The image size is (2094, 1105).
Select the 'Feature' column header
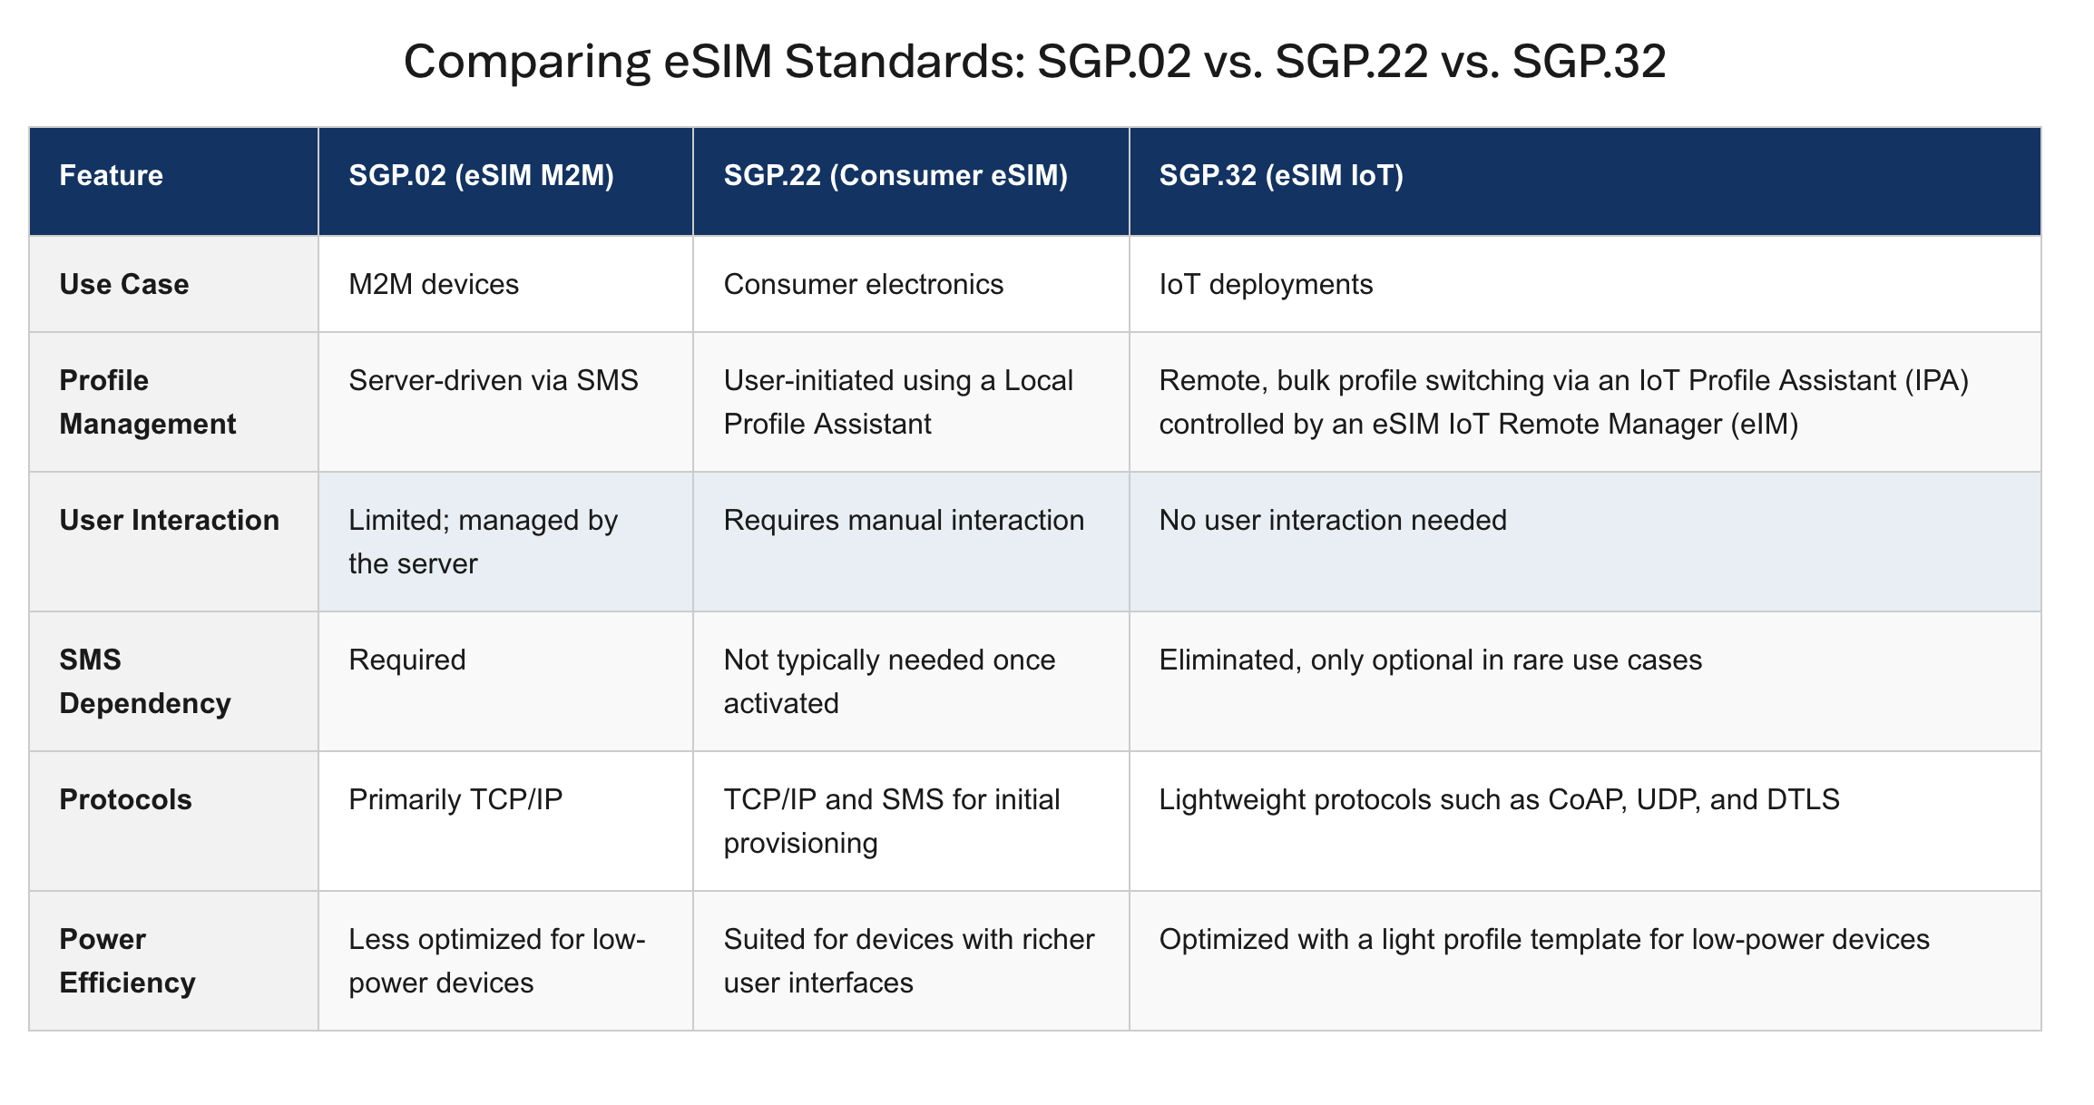(x=111, y=175)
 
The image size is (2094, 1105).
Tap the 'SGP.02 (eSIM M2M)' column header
(x=481, y=175)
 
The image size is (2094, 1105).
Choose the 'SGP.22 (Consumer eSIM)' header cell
(x=895, y=175)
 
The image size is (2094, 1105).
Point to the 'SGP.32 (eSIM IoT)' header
(x=1281, y=175)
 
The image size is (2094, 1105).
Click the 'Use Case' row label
(x=124, y=284)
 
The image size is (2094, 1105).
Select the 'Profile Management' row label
(x=148, y=402)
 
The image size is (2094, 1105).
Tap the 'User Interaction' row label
(x=170, y=520)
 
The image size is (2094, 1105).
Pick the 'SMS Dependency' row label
(x=145, y=681)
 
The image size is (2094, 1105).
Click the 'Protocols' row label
(x=126, y=799)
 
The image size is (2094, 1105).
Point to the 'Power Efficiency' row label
(x=128, y=961)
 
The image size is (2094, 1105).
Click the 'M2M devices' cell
(x=434, y=284)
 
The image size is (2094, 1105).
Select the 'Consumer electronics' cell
(x=864, y=284)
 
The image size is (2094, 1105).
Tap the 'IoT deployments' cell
(x=1266, y=284)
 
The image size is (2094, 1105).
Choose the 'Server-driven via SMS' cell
(x=494, y=380)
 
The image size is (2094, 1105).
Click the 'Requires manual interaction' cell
(x=904, y=520)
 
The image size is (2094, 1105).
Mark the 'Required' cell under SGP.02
(x=407, y=660)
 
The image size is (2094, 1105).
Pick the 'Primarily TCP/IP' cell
(x=455, y=799)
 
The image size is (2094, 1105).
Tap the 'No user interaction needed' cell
(x=1333, y=520)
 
